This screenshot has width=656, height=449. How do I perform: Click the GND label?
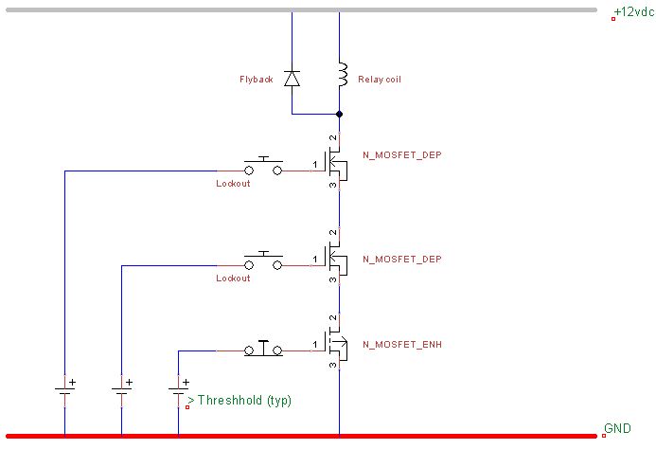tap(618, 429)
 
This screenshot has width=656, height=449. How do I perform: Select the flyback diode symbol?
tap(292, 79)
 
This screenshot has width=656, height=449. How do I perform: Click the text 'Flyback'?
tap(256, 80)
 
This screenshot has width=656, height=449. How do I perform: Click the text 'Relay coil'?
tap(380, 80)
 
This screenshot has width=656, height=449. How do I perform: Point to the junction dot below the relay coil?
tap(339, 114)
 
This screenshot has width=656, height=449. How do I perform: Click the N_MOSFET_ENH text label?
tap(402, 345)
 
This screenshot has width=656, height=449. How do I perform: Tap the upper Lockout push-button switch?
tap(263, 168)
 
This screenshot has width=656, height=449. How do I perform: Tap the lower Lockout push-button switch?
tap(263, 263)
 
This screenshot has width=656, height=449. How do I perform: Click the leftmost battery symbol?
tap(64, 388)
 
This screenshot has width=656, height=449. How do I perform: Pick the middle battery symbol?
tap(121, 388)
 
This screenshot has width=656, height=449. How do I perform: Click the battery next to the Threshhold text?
tap(178, 388)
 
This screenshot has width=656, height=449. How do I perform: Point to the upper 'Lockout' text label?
tap(233, 183)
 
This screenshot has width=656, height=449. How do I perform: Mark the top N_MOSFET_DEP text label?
tap(402, 154)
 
